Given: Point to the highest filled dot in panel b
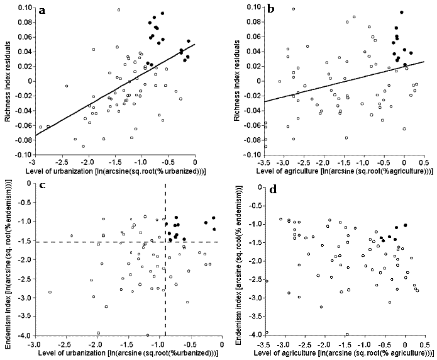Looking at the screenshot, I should tap(401, 13).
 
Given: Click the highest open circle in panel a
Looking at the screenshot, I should tap(118, 10).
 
